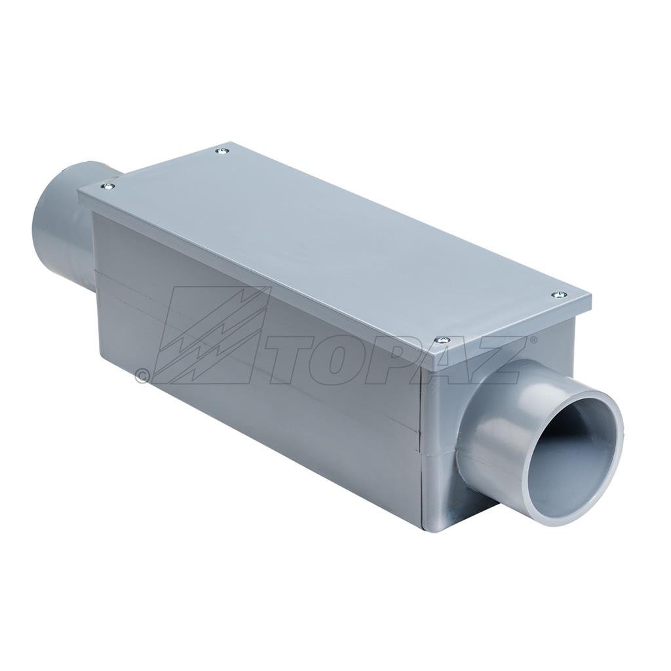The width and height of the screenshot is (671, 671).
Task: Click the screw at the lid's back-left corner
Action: click(222, 151)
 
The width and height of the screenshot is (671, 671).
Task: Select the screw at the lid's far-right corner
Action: click(558, 295)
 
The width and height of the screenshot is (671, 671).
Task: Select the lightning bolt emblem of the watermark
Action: click(210, 334)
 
